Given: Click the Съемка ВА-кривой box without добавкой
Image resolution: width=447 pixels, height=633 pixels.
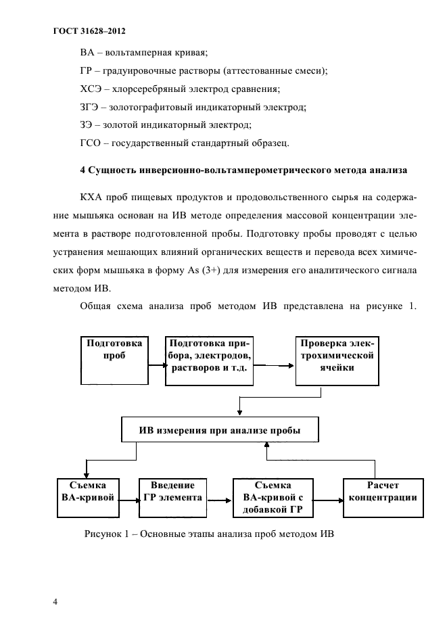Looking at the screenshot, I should click(x=88, y=496).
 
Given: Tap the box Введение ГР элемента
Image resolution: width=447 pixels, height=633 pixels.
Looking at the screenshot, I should click(x=172, y=496).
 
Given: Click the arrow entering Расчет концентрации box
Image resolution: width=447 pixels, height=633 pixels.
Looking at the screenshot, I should click(x=328, y=501).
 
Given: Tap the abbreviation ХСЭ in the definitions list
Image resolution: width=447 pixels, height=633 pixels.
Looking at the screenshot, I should click(x=91, y=89).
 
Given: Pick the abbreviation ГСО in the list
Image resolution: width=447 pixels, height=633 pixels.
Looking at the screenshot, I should click(x=91, y=142).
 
